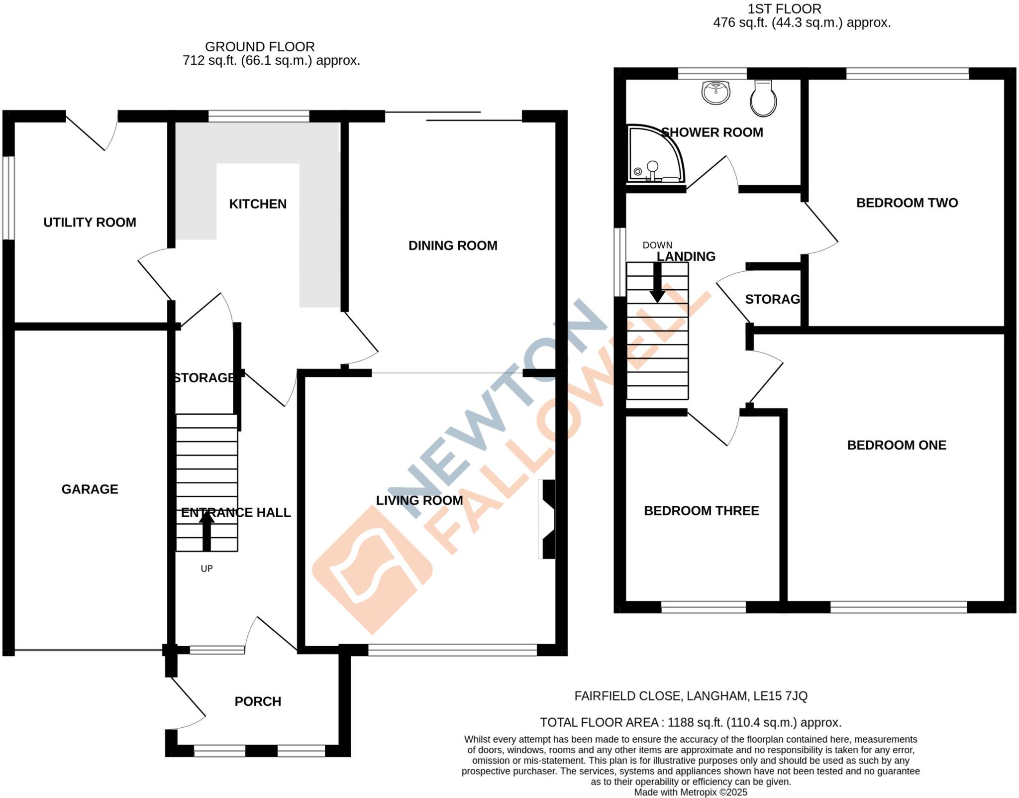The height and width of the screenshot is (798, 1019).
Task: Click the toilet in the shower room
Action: [763, 99]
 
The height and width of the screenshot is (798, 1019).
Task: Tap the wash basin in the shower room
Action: [716, 93]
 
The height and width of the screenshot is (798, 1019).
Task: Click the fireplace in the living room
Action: [547, 519]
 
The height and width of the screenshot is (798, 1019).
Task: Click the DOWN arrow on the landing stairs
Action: [657, 282]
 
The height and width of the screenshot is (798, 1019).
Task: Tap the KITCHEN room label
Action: [258, 204]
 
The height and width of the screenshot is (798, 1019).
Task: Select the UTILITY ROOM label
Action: [90, 223]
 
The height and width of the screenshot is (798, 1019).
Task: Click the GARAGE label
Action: [90, 489]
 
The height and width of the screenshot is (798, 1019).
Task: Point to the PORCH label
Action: [258, 701]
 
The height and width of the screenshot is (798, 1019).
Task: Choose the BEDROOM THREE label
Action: [701, 511]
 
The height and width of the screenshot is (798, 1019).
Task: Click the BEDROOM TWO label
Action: [907, 203]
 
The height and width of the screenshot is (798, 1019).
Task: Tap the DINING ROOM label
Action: [452, 245]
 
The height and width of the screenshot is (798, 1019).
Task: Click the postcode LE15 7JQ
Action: [780, 696]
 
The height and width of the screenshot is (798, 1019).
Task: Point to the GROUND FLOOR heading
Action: [260, 47]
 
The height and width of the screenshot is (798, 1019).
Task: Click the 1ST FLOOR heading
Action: [784, 9]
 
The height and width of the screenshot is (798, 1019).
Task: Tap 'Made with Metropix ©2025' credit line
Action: [690, 792]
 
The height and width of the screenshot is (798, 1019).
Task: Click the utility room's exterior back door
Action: [90, 132]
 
